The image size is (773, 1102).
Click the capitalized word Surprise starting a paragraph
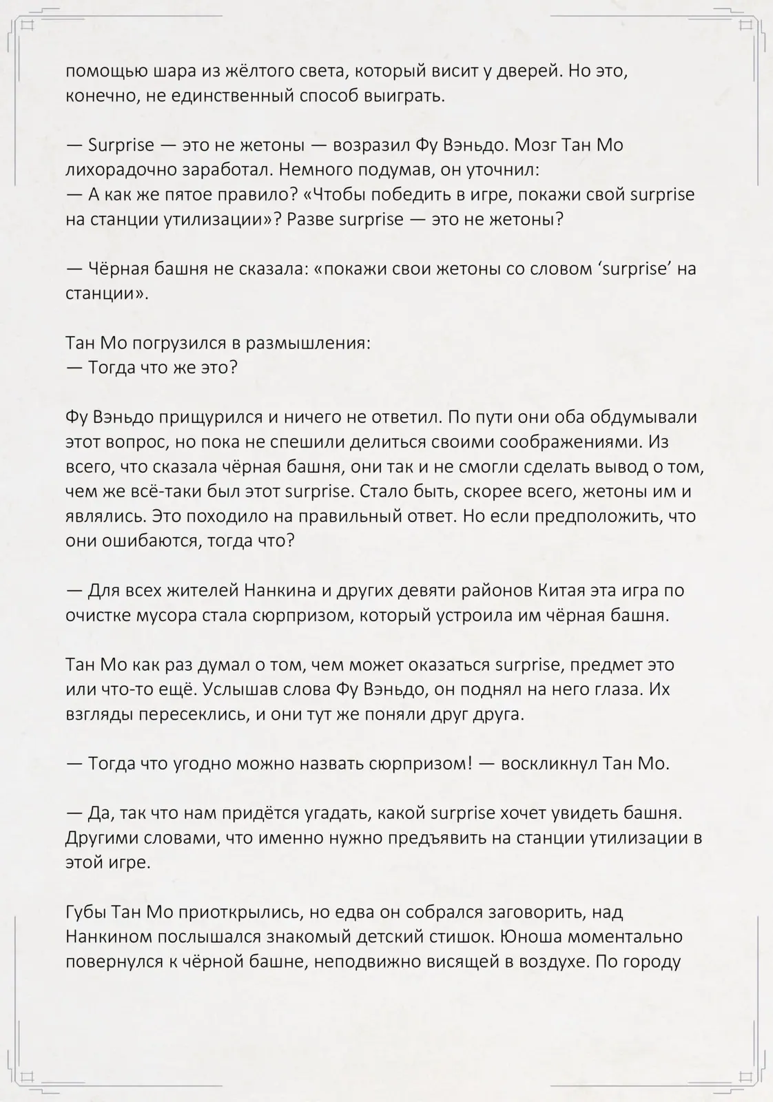121,145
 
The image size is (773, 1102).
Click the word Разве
309,220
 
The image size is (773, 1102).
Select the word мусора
165,615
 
